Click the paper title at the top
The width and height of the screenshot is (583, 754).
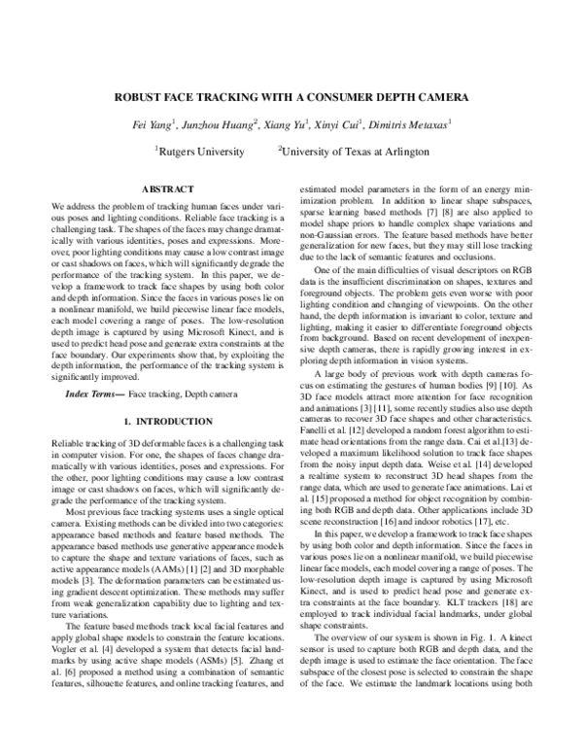click(291, 97)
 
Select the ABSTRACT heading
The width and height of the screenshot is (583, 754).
click(168, 188)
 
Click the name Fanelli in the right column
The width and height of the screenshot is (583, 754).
click(316, 401)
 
